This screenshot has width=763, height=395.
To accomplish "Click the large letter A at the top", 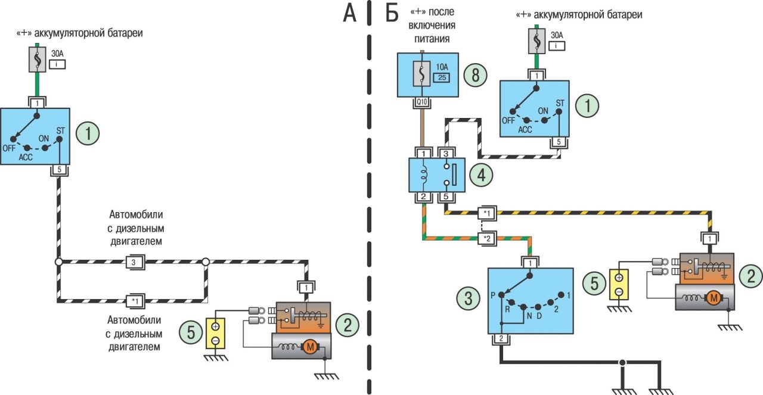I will click(349, 13).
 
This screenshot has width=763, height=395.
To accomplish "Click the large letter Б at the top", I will click(391, 13).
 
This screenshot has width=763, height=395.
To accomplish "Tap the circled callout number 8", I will click(475, 75).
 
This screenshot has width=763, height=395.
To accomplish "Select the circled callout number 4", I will click(481, 175).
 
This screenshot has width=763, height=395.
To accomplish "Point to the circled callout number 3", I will click(469, 299).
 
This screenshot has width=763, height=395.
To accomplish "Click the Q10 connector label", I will click(422, 102).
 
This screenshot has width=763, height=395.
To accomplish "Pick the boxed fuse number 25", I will click(441, 77).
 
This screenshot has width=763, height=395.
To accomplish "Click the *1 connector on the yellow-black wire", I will click(487, 213).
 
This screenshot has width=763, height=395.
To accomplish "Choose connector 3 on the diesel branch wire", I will click(134, 262).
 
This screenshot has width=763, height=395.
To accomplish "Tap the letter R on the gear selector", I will click(507, 310).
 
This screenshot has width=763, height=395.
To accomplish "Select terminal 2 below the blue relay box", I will click(422, 197).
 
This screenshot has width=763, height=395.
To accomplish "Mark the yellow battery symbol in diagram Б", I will click(619, 284).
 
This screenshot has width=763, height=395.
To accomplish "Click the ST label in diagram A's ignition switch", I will click(60, 130).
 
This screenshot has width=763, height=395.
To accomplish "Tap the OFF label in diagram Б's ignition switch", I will click(508, 120).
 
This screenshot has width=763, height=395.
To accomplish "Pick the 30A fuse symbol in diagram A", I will click(38, 60).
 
